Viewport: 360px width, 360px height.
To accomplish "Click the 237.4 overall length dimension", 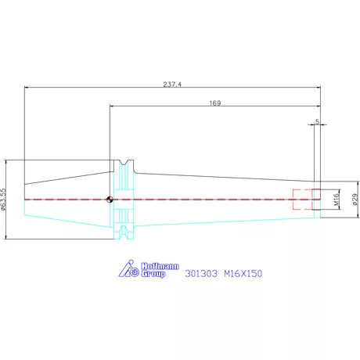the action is coord(172,85).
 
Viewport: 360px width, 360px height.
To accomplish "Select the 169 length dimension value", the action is coord(215,103).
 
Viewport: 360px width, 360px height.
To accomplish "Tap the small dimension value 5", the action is coord(317,121).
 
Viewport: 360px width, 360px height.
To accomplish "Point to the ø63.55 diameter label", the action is coord(3,200).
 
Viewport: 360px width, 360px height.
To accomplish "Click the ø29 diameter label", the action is coord(356,200).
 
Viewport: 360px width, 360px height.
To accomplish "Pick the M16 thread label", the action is coord(337,199).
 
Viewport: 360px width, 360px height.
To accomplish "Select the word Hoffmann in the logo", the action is coord(160,266).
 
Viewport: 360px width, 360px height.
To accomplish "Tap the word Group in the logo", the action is coord(153,274).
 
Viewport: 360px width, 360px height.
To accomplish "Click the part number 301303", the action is coord(201,273).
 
